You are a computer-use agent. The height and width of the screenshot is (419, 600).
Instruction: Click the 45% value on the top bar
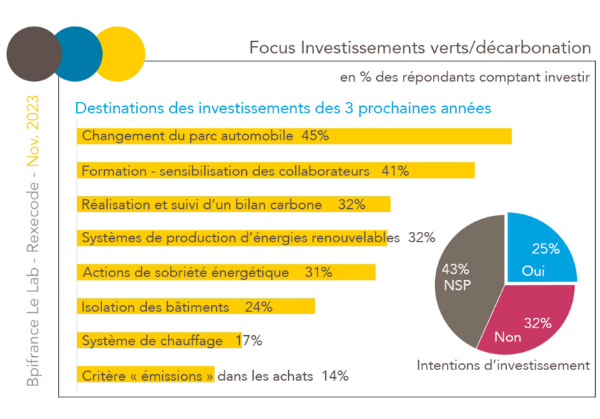315,136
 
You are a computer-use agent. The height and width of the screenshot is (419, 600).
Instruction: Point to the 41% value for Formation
395,170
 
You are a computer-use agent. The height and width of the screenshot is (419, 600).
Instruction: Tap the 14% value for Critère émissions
334,376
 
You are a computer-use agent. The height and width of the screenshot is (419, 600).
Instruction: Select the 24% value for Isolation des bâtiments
259,307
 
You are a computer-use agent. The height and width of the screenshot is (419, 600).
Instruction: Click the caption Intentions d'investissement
503,365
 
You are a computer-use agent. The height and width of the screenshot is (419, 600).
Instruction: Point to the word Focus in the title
271,48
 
